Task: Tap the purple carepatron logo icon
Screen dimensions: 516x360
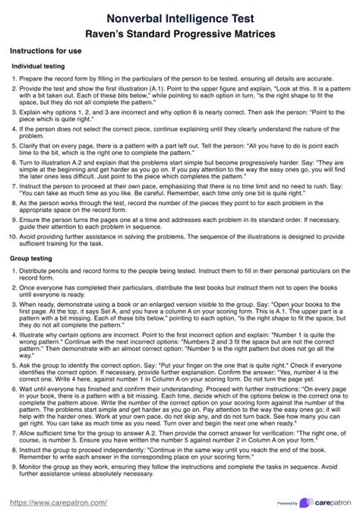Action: click(305, 502)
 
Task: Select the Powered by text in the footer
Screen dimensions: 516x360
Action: click(287, 503)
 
